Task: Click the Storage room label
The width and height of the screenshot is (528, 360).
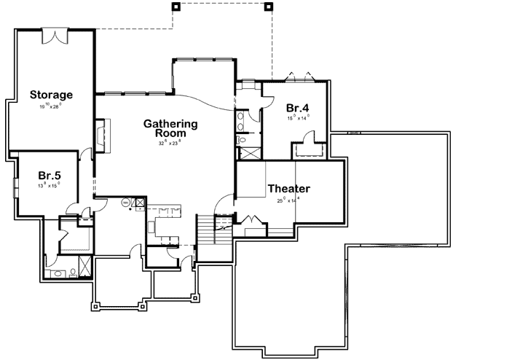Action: pos(51,95)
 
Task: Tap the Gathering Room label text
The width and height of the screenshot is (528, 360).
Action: pos(170,128)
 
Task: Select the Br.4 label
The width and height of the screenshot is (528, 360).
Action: pos(299,106)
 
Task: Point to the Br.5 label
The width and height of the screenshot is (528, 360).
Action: pos(49,175)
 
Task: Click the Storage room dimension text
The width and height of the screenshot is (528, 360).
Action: pos(51,106)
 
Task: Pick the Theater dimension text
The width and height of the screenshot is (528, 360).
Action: pos(289,200)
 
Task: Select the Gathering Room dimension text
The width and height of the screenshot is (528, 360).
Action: pos(170,143)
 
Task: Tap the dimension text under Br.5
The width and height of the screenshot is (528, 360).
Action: pos(49,185)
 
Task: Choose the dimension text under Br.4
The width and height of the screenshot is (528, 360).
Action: pos(299,117)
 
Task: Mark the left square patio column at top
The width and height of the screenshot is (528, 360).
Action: pos(175,7)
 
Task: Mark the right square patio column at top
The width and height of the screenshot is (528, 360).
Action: pos(268,7)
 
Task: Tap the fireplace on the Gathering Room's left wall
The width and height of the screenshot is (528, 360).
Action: pos(100,136)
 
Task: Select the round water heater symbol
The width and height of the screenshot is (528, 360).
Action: pos(125,202)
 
